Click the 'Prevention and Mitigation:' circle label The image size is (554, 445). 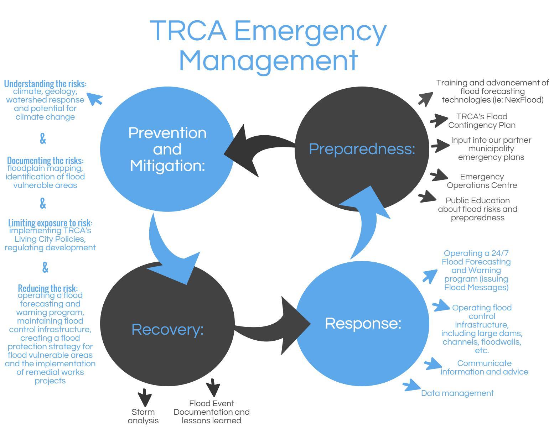[167, 149]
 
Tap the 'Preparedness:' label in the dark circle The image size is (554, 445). [362, 149]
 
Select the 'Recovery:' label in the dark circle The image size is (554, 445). [167, 329]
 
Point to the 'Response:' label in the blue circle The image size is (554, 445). [363, 323]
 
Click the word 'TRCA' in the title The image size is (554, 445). [188, 30]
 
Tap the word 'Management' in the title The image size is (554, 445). [268, 59]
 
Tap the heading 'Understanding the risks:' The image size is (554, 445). [45, 84]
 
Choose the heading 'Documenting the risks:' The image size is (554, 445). [45, 160]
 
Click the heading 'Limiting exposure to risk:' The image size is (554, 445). [50, 223]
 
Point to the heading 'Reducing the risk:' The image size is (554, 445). [48, 288]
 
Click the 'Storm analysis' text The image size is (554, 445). [143, 416]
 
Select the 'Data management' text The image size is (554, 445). [457, 393]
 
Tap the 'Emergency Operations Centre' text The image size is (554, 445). [482, 181]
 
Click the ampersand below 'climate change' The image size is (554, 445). [43, 138]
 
